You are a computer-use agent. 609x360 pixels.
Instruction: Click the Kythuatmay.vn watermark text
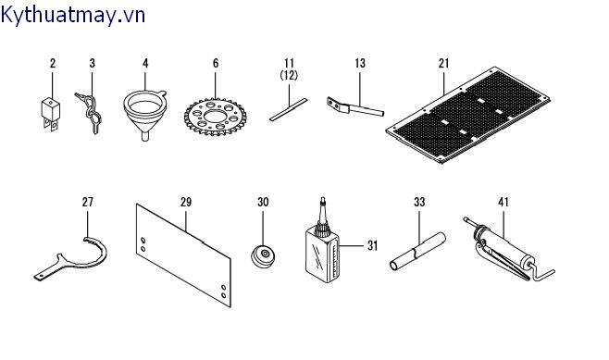pos(72,16)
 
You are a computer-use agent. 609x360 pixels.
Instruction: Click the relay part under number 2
pos(51,114)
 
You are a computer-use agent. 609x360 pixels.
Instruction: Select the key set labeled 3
pos(90,112)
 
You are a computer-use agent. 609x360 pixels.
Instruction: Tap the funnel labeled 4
pos(145,114)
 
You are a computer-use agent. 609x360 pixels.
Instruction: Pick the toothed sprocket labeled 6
pos(215,116)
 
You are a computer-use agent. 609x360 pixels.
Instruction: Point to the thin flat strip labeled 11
pos(288,109)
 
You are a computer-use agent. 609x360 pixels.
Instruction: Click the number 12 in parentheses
pos(289,75)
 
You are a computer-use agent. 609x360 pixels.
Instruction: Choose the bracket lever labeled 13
pos(355,107)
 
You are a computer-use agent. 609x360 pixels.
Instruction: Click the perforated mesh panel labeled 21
pos(468,115)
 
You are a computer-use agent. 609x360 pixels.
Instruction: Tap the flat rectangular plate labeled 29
pos(183,255)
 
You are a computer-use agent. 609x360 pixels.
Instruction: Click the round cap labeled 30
pos(263,256)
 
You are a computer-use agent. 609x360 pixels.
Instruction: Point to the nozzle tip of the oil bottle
pos(321,201)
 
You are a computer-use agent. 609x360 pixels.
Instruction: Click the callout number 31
pos(372,245)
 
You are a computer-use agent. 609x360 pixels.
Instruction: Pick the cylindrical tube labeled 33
pos(417,252)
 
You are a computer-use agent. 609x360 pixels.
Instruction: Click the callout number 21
pos(443,63)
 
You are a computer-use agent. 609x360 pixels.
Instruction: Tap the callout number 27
pos(88,202)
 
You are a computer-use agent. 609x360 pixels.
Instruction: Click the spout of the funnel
pos(145,136)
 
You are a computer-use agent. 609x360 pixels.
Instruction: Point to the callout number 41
pos(503,202)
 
